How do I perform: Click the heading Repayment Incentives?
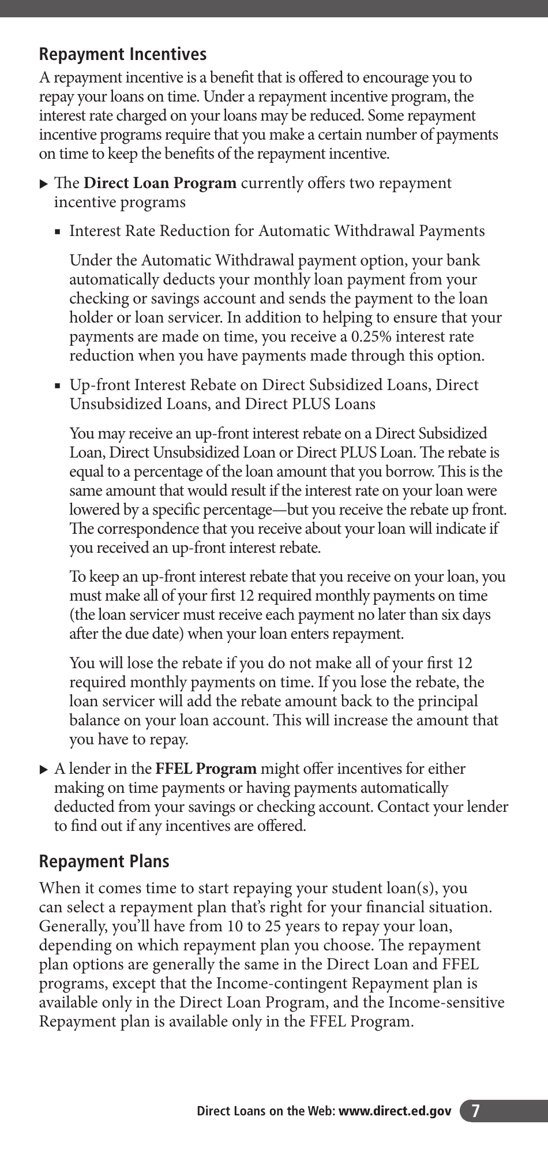(122, 54)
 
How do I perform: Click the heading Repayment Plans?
(104, 861)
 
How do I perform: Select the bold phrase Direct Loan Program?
(160, 183)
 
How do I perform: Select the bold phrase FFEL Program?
(206, 769)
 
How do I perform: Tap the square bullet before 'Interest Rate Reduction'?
(58, 232)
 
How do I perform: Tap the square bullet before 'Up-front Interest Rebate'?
(58, 386)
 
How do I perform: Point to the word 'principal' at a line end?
(449, 702)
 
